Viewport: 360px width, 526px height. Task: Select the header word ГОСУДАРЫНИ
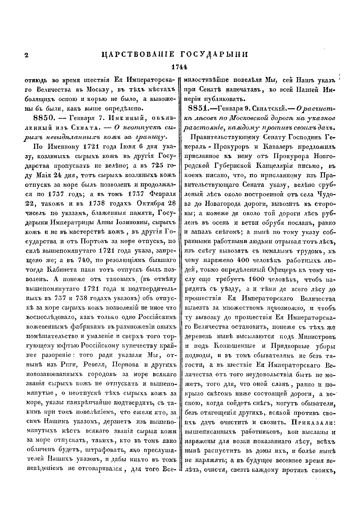coord(214,55)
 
